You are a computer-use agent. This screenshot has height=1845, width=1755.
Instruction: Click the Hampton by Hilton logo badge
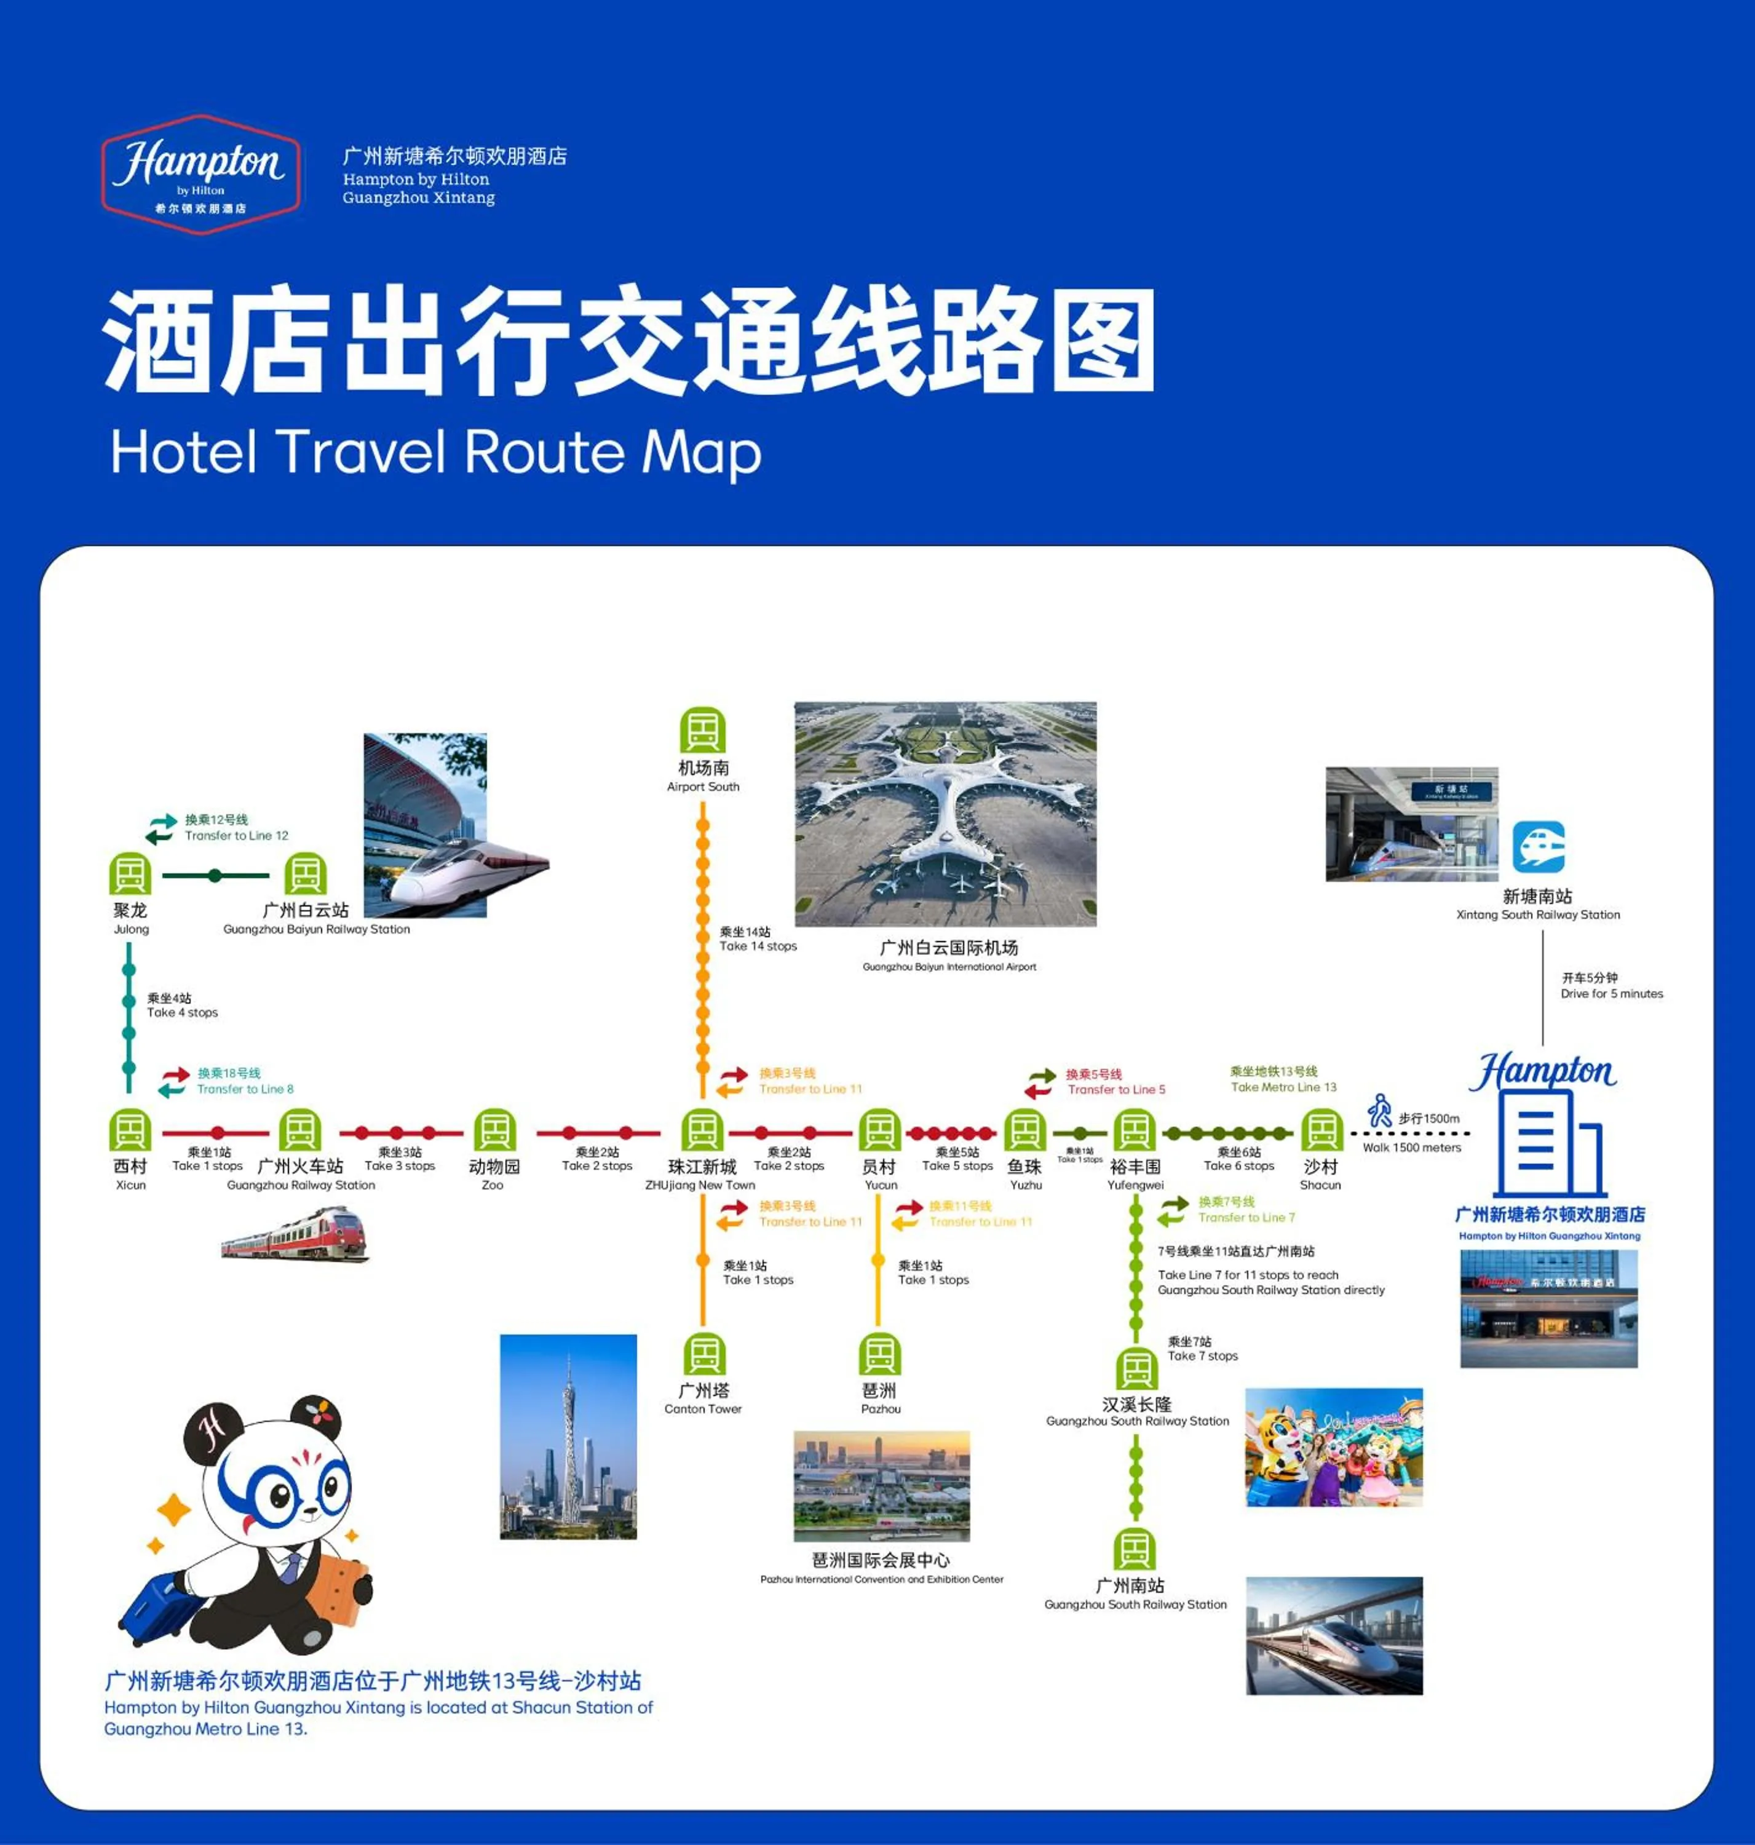(x=201, y=174)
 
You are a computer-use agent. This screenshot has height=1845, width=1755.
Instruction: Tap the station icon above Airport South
(x=703, y=731)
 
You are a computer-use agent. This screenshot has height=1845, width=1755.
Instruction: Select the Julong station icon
(x=130, y=875)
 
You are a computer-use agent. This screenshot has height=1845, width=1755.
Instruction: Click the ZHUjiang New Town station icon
(x=702, y=1130)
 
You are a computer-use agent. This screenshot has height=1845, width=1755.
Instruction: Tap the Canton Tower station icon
(x=703, y=1354)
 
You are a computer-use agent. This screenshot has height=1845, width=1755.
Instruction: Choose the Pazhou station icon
(x=879, y=1354)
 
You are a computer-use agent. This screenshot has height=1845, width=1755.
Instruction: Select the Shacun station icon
(x=1321, y=1130)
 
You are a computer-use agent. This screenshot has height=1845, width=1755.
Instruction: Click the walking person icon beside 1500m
(x=1380, y=1111)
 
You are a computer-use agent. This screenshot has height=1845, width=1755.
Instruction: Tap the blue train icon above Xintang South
(x=1539, y=847)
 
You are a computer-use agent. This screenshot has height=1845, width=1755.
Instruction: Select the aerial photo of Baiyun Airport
(x=945, y=814)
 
